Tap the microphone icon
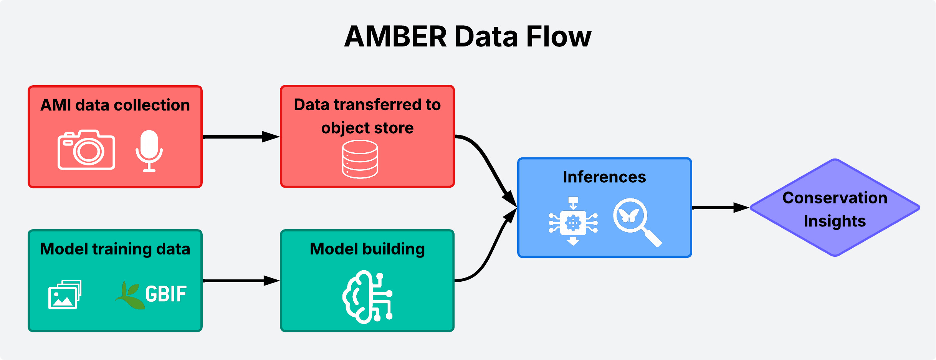[x=149, y=150]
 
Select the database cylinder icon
[x=360, y=159]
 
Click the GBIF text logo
[x=166, y=294]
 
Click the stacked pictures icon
[x=64, y=295]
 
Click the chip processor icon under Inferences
[x=573, y=222]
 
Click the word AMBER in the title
[x=395, y=37]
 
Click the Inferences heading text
[x=604, y=177]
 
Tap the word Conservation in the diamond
[x=835, y=198]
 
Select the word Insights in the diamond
[x=835, y=221]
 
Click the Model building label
[x=367, y=249]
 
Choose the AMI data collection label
[x=115, y=105]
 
